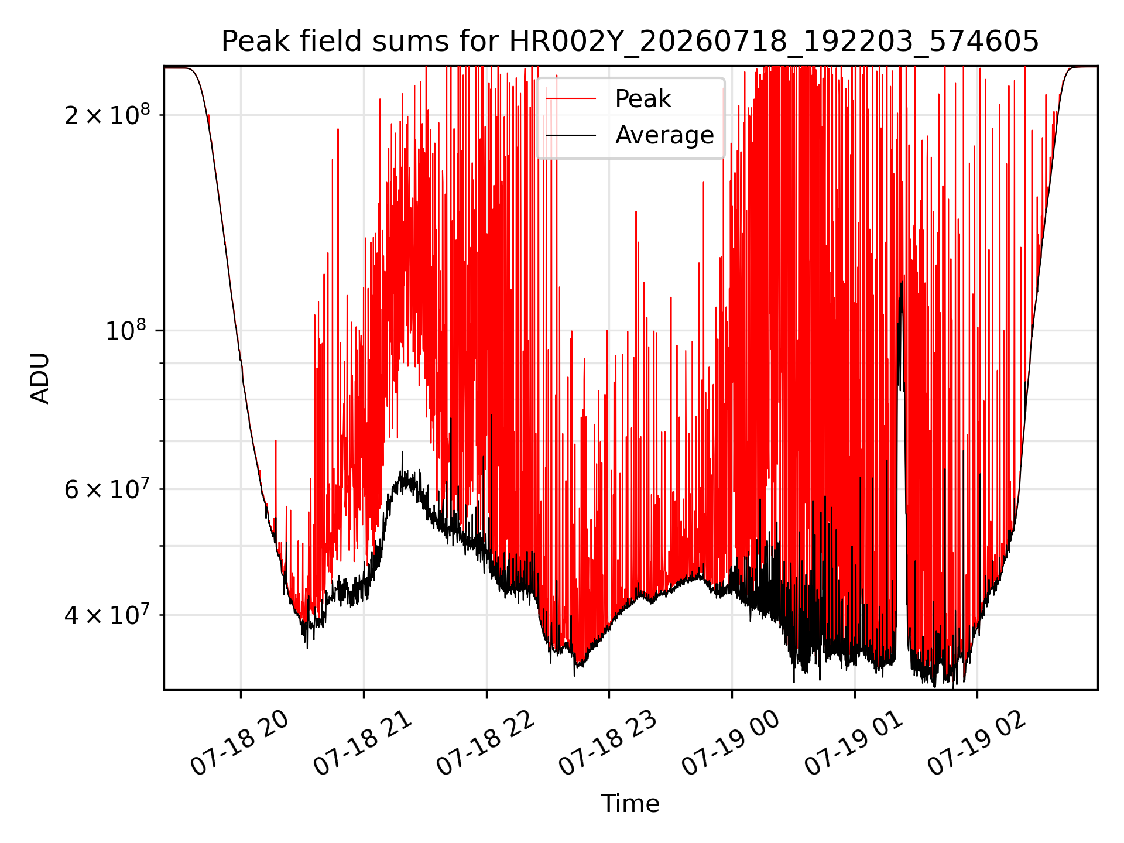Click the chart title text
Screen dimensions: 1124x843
point(630,42)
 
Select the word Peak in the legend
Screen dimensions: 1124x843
point(643,99)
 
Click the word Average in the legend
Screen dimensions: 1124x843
point(664,135)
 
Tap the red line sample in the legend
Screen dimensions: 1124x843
point(571,99)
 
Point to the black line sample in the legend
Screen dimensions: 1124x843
point(571,135)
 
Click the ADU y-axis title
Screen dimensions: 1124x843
point(40,378)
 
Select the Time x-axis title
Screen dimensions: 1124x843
point(630,804)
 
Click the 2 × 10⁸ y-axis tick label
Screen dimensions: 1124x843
point(107,114)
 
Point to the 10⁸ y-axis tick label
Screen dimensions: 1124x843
point(128,330)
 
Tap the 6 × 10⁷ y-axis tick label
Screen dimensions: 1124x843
point(107,488)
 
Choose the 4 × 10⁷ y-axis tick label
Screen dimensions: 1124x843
point(107,615)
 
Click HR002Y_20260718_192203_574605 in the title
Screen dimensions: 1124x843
point(774,42)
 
